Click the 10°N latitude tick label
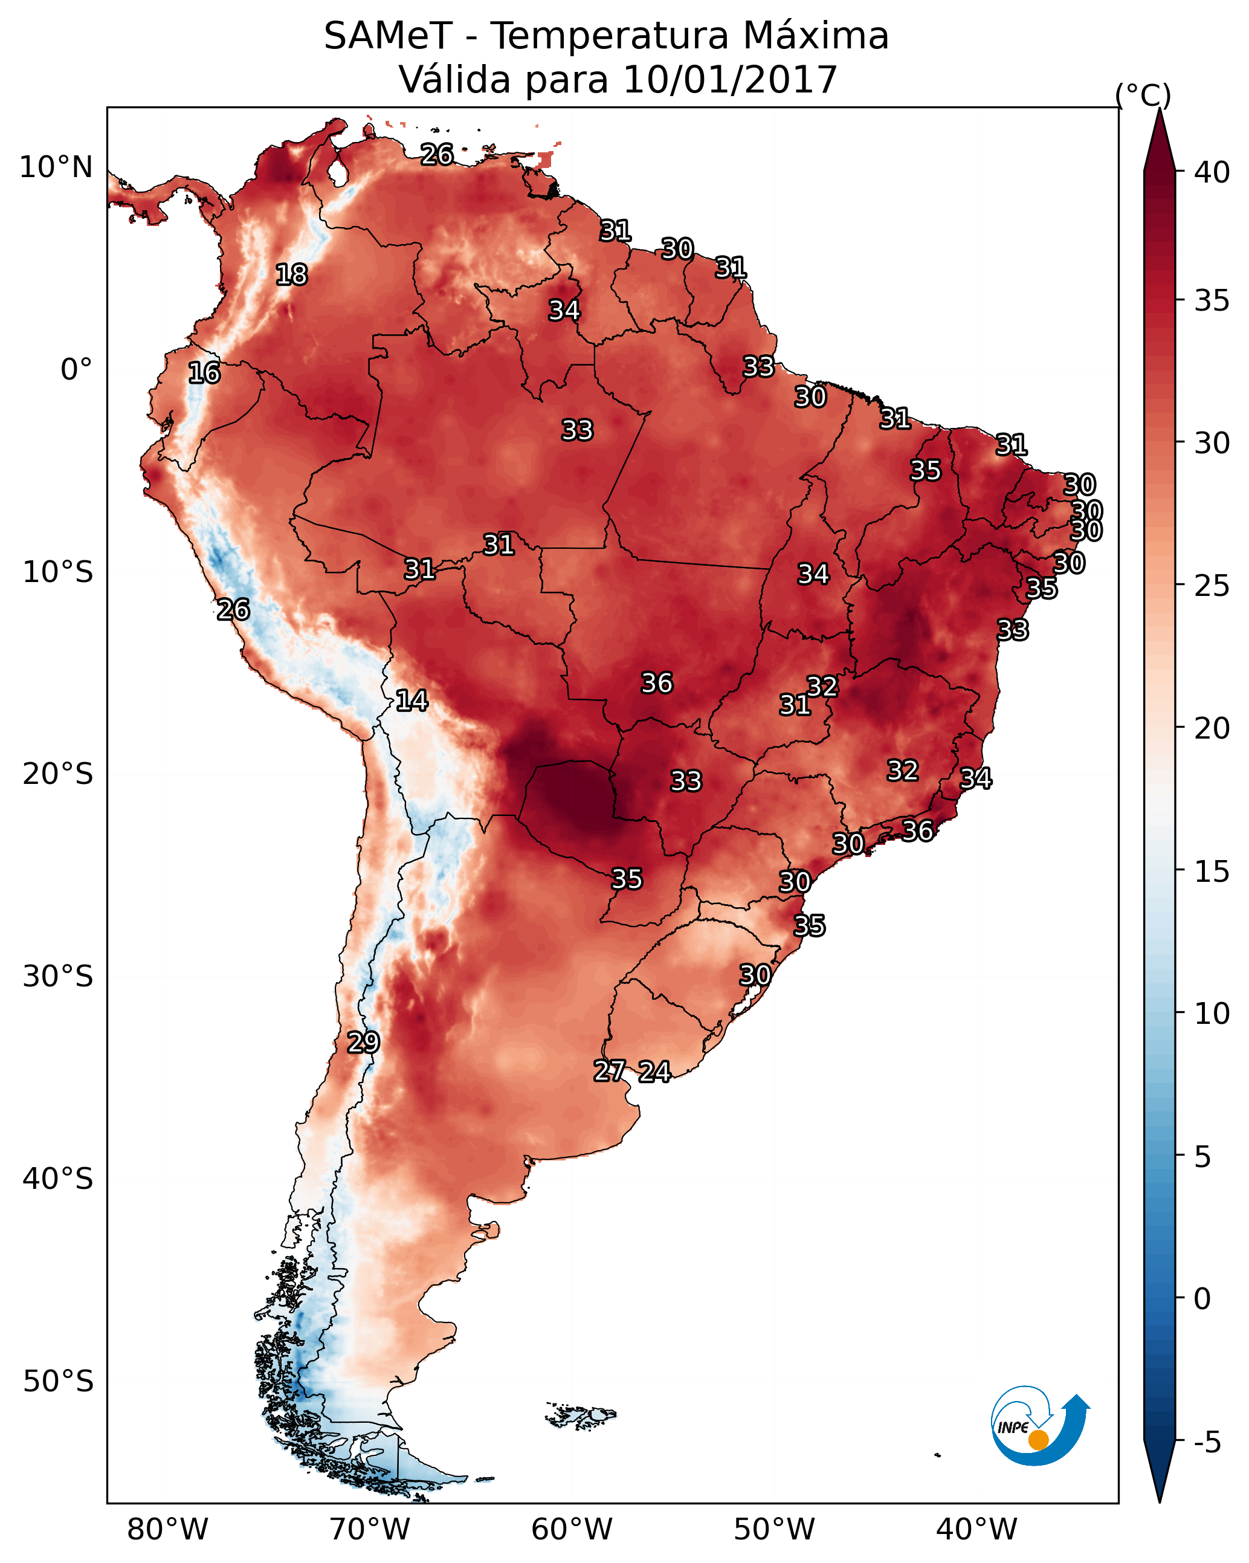click(56, 167)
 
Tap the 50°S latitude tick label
click(58, 1381)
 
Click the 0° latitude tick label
click(76, 370)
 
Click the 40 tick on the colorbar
click(1212, 172)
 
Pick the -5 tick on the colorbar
click(1207, 1442)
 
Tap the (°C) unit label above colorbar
click(1143, 95)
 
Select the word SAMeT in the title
click(388, 36)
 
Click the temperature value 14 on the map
click(411, 701)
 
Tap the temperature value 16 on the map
click(204, 373)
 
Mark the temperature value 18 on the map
click(291, 275)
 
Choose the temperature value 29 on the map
click(363, 1043)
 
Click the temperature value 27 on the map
click(610, 1071)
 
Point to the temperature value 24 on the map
click(654, 1072)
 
